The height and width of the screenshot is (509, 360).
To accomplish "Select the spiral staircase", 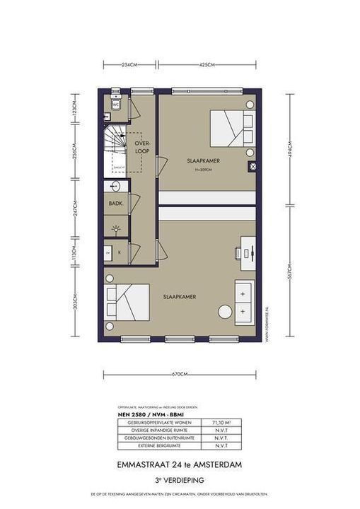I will tap(116, 149).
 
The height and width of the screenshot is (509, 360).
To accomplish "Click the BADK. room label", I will tap(115, 203).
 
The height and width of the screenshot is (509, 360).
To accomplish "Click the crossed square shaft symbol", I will tap(252, 165).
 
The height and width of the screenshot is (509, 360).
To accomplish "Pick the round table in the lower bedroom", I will tap(225, 312).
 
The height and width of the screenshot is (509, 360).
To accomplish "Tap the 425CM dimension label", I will tap(207, 65).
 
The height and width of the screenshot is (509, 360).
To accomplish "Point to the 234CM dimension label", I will tap(129, 65).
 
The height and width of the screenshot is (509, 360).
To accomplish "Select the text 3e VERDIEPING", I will tap(180, 477).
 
